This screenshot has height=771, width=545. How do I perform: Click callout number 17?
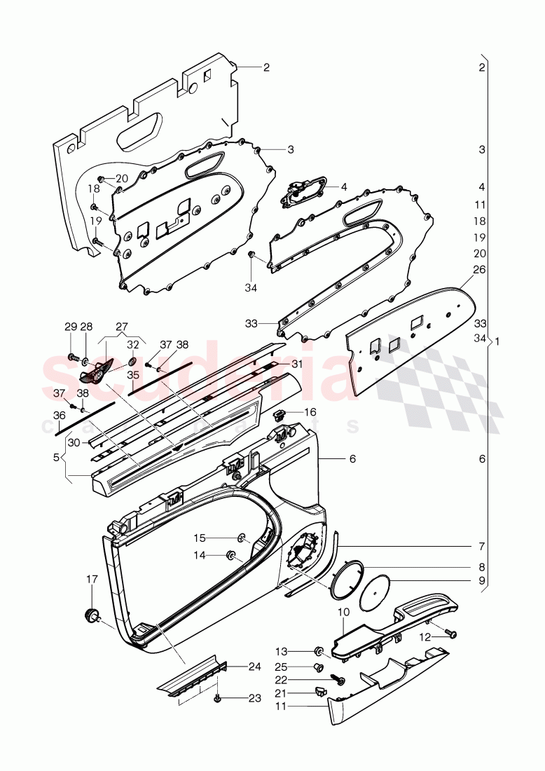click(92, 579)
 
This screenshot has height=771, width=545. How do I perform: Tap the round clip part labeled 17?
click(90, 615)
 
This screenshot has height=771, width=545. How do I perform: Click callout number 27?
click(122, 326)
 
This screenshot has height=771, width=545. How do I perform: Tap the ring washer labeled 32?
click(132, 362)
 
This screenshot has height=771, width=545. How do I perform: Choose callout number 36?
click(60, 416)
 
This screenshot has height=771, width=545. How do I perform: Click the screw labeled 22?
click(341, 678)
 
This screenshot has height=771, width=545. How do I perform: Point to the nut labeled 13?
click(317, 650)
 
